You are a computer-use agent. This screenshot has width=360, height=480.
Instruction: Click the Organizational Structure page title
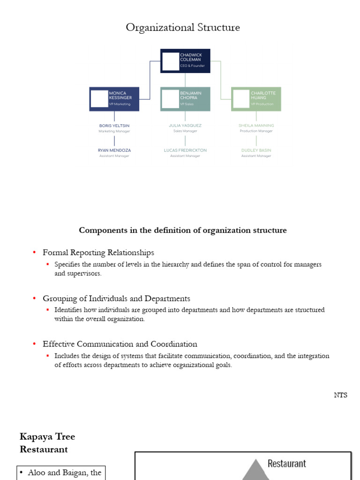point(183,28)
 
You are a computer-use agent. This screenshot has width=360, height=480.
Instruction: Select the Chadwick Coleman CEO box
point(185,61)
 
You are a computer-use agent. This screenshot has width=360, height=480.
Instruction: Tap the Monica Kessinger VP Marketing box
point(114,99)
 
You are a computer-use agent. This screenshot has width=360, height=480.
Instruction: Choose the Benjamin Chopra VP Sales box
point(185,99)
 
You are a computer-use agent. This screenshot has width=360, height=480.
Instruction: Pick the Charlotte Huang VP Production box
point(256,99)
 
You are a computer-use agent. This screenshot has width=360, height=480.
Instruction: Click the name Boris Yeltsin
point(114,126)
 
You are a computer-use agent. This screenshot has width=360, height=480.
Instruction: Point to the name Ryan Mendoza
point(114,150)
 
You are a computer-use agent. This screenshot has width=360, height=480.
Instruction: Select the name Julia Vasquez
point(185,126)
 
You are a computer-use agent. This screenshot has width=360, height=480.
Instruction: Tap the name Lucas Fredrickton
point(185,150)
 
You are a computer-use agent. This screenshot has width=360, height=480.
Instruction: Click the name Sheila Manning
point(256,126)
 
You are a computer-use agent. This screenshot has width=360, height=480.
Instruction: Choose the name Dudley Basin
point(256,150)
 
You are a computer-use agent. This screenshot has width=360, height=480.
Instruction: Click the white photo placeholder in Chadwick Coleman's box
point(171,61)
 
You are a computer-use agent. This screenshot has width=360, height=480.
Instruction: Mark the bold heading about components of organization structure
point(183,230)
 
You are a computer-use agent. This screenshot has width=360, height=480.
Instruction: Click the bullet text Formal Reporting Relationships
point(98,253)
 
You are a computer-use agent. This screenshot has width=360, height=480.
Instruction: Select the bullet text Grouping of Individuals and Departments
point(116,299)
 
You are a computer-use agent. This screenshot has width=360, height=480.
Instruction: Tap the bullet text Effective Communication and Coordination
point(120,344)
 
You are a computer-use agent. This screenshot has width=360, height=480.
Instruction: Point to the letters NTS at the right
point(341,395)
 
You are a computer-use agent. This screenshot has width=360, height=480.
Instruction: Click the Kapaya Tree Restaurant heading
point(47,443)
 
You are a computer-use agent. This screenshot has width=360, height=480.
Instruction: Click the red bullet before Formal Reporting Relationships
point(34,253)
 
